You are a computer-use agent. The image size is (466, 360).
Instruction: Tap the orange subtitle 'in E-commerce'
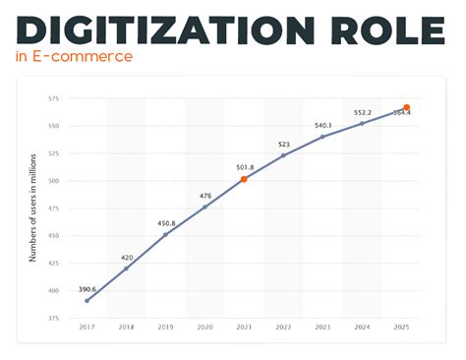74,56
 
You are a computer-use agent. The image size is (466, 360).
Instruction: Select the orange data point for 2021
244,179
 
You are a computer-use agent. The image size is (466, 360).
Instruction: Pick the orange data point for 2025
406,107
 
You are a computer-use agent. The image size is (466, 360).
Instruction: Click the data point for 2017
87,300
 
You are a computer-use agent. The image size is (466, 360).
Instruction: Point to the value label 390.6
87,288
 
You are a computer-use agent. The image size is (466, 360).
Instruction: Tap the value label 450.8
165,222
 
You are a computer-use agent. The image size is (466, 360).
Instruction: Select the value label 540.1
323,125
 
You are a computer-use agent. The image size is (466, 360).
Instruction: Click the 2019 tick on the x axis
165,326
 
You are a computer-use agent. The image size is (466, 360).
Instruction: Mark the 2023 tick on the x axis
323,326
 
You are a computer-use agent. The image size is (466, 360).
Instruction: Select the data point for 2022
284,155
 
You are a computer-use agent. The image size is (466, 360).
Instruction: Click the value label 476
204,195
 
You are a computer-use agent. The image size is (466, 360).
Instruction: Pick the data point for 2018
126,269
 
